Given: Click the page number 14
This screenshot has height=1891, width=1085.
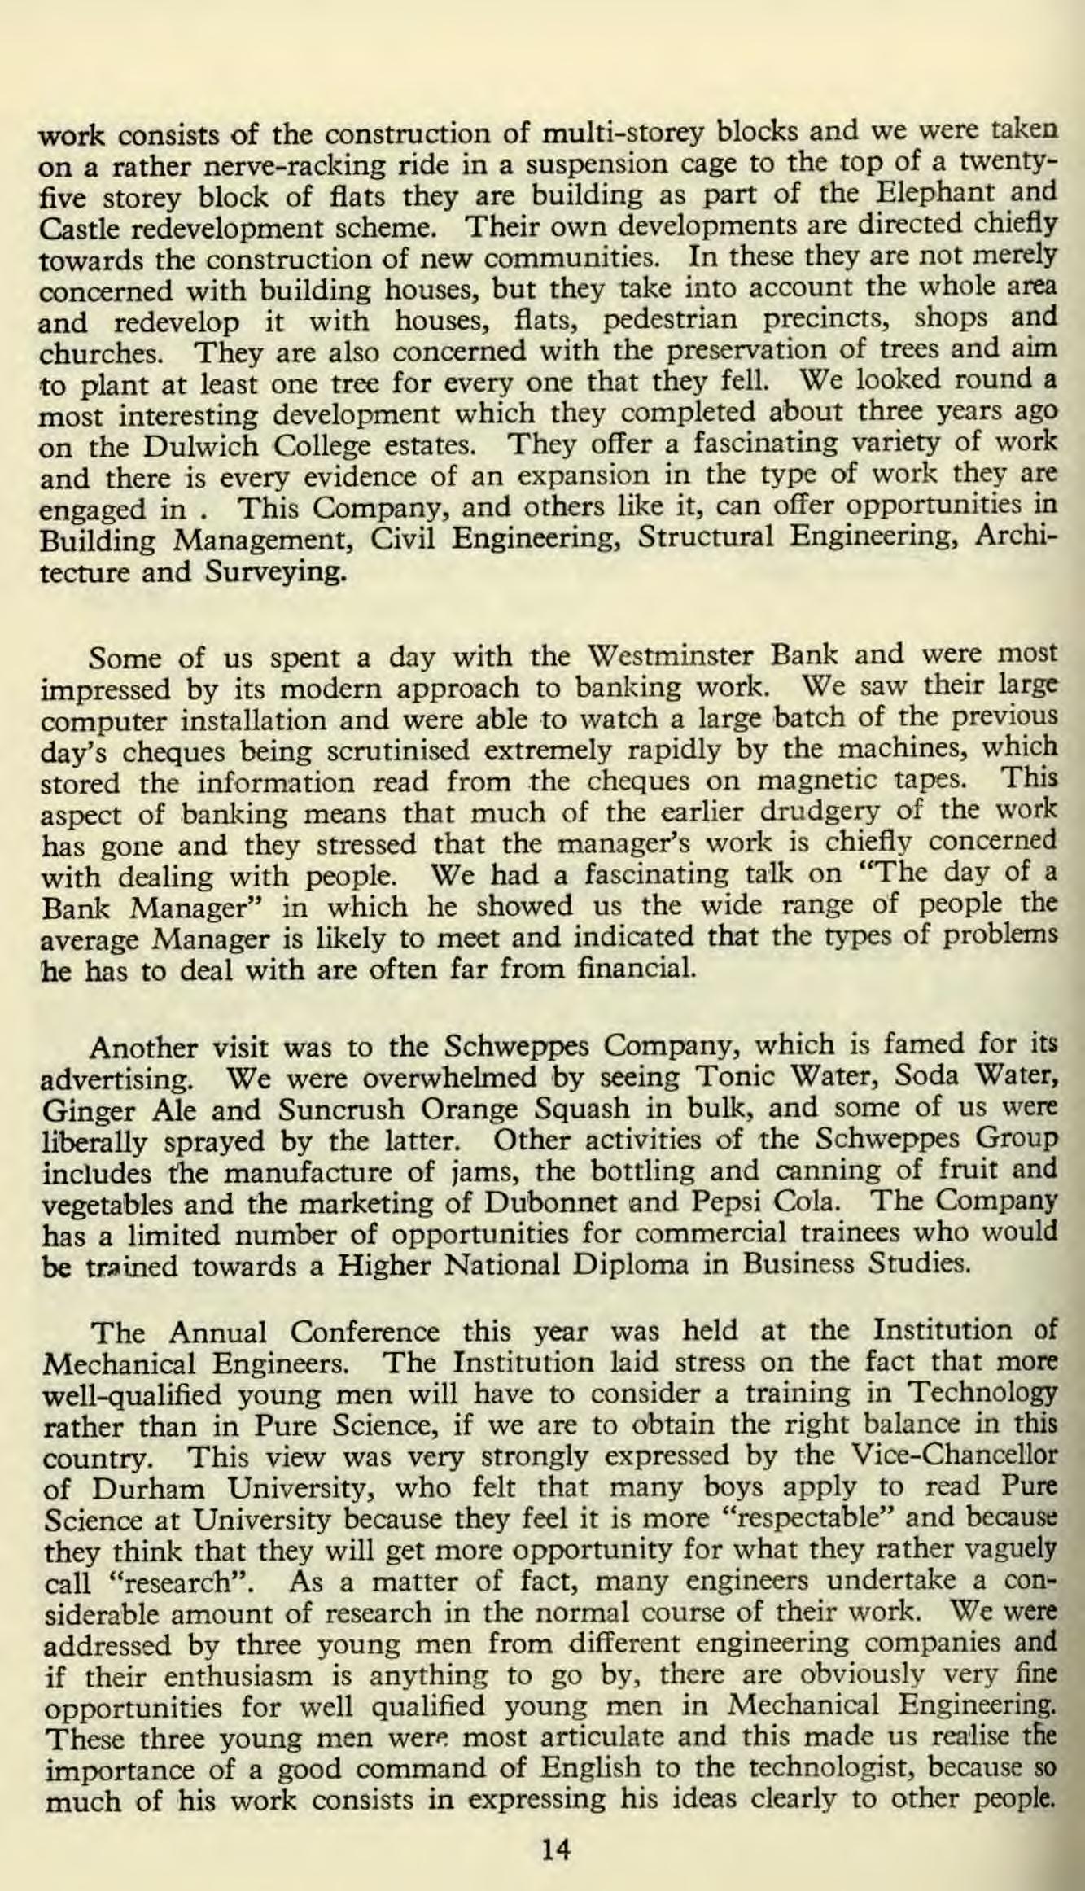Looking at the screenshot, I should pyautogui.click(x=557, y=1829).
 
